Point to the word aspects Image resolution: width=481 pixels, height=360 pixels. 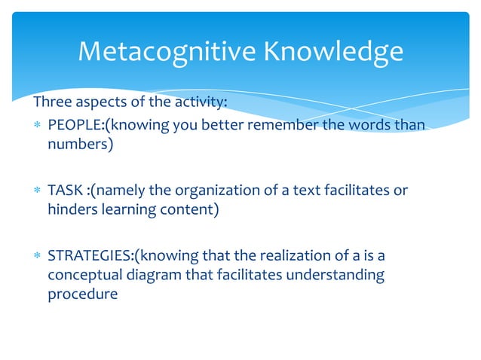(102, 104)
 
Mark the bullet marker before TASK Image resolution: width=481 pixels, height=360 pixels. (35, 191)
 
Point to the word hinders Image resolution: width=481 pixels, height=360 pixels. (72, 209)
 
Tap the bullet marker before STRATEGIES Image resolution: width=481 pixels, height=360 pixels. (35, 256)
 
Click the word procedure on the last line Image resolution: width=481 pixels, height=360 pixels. (82, 294)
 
